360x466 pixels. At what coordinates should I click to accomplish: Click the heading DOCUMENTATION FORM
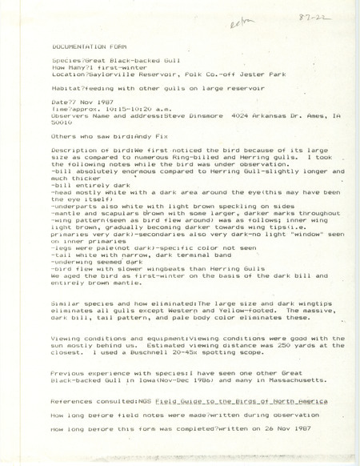82,47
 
